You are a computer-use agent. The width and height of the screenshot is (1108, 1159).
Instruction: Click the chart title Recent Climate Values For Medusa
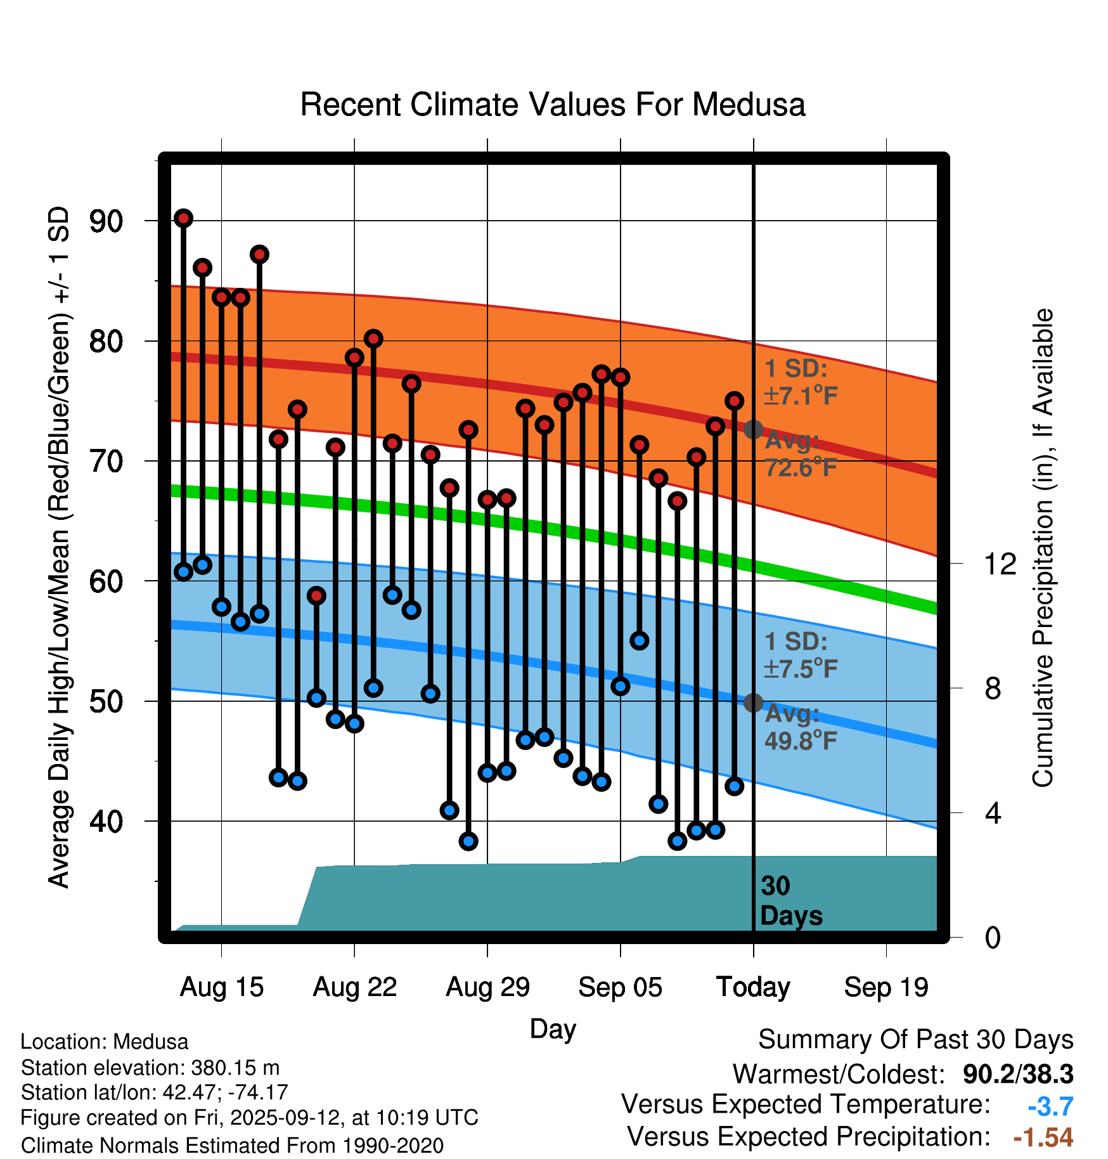553,105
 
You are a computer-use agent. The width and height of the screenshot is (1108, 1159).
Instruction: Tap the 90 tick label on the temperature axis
106,222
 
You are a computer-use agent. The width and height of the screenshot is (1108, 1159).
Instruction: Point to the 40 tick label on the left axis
106,822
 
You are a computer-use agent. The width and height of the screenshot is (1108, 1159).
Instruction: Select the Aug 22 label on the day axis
355,988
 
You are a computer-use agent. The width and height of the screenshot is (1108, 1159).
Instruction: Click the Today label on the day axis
753,988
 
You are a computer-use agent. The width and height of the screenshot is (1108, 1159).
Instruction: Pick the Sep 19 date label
886,988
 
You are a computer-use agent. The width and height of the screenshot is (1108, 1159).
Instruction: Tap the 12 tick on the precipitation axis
1000,564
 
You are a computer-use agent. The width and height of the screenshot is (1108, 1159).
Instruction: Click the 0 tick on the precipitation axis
993,937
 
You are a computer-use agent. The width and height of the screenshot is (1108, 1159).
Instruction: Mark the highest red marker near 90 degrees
184,218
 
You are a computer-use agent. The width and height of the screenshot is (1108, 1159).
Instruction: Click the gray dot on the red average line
753,429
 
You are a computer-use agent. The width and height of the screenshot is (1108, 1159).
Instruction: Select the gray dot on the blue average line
753,703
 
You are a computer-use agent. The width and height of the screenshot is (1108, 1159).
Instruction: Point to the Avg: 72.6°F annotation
801,454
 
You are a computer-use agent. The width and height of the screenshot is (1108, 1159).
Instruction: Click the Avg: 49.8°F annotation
801,727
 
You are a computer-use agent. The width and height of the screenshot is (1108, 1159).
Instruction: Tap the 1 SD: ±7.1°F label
801,382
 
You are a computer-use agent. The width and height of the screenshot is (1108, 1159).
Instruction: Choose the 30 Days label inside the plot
791,901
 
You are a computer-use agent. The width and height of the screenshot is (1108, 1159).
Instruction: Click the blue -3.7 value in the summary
1050,1106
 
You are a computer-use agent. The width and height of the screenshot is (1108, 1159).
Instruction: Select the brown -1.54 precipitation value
1043,1137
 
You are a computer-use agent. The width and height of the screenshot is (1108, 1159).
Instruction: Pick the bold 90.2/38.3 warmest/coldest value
1018,1074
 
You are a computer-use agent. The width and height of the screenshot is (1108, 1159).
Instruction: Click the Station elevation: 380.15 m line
150,1068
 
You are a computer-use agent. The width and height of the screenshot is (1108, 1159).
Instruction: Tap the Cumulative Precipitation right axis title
1043,548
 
